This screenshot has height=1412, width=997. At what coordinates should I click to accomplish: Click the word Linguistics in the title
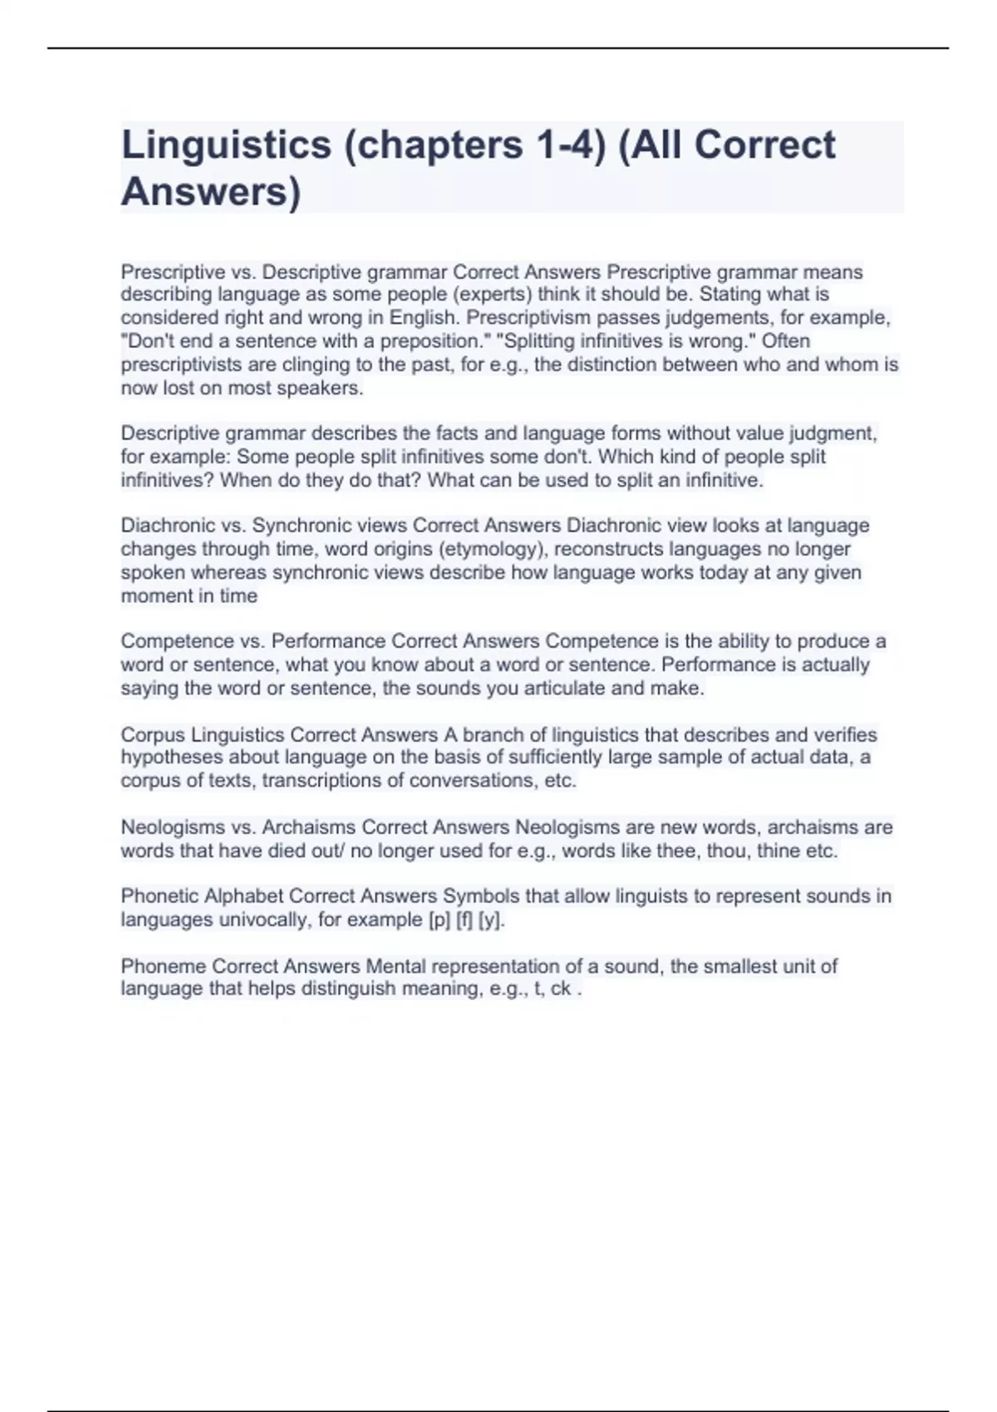point(226,145)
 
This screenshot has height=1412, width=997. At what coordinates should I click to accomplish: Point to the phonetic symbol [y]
point(491,920)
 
